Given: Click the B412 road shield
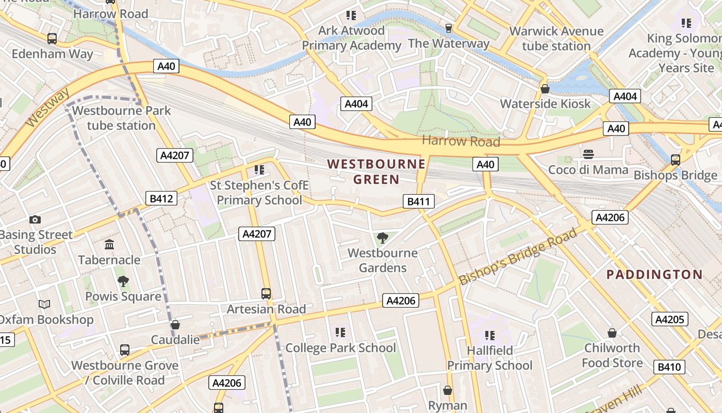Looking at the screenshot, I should [x=161, y=198].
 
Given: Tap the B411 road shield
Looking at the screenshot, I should [x=418, y=201].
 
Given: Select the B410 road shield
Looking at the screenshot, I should [x=669, y=367].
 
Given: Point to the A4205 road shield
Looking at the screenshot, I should [x=669, y=320].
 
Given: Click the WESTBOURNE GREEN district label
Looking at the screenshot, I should [x=376, y=172].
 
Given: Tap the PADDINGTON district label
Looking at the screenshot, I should [x=654, y=275].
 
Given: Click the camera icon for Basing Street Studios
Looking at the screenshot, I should [x=35, y=220].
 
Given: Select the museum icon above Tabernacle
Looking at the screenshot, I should [x=109, y=244].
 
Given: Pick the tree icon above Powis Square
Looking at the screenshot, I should [x=123, y=281].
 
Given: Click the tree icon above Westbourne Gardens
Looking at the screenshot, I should [x=382, y=238].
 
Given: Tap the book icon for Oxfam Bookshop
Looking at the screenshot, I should [x=44, y=305].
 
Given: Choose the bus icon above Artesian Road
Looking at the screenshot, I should [x=266, y=294].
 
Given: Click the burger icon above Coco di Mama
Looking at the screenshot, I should [x=588, y=154].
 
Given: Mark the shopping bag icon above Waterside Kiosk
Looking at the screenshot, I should [x=545, y=89].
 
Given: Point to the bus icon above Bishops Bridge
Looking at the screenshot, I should [x=675, y=160].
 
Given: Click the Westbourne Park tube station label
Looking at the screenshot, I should [x=121, y=118].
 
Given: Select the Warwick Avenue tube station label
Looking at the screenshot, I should [x=556, y=39].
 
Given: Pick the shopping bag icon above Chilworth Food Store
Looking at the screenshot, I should [x=612, y=333].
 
